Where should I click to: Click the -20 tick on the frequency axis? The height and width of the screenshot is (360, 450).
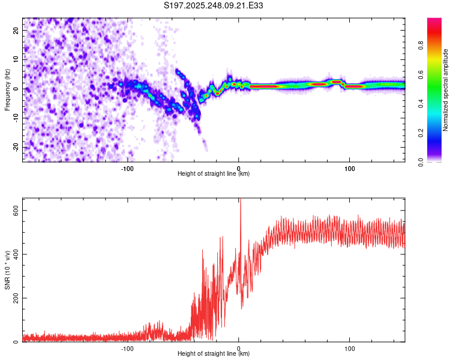coord(14,147)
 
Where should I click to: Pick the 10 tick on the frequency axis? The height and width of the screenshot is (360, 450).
coord(16,59)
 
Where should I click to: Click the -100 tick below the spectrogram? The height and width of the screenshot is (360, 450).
coord(127,167)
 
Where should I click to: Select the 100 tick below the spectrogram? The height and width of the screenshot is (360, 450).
coord(350,167)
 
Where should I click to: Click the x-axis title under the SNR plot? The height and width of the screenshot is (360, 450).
coord(214,354)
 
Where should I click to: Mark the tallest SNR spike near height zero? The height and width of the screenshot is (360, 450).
coord(240,202)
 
